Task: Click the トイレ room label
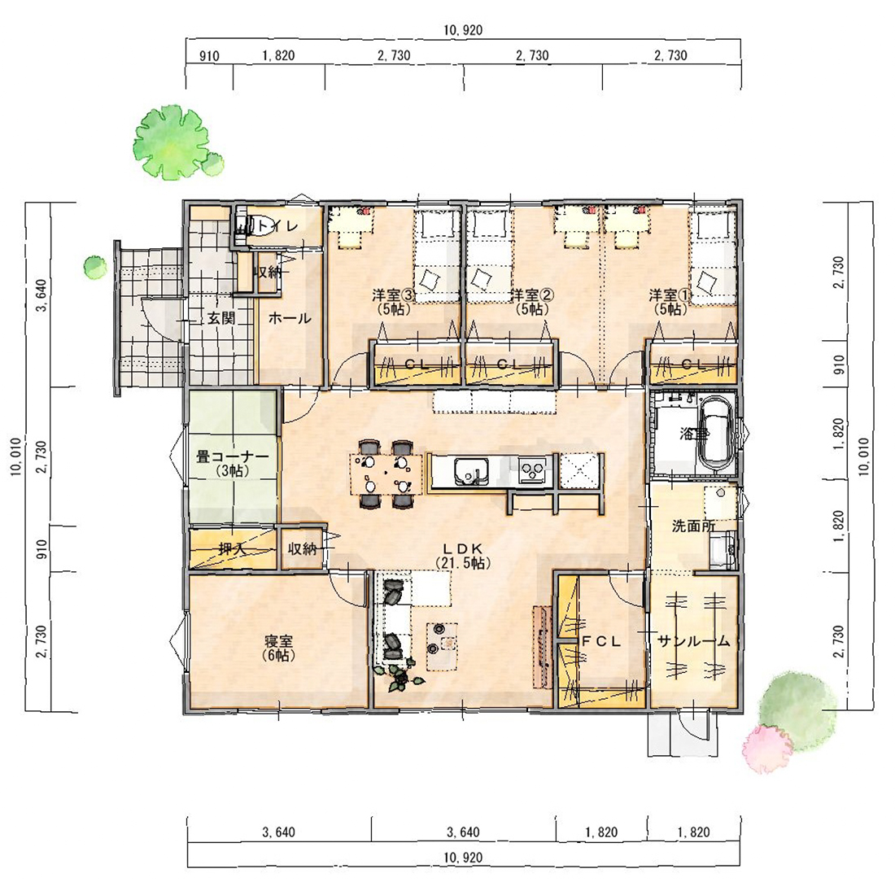pyautogui.click(x=278, y=226)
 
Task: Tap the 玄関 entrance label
pyautogui.click(x=221, y=318)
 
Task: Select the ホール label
pyautogui.click(x=290, y=318)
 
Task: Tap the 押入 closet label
pyautogui.click(x=233, y=549)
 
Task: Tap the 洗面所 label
pyautogui.click(x=693, y=526)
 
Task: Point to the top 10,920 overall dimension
pyautogui.click(x=463, y=30)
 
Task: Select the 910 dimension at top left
pyautogui.click(x=209, y=56)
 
